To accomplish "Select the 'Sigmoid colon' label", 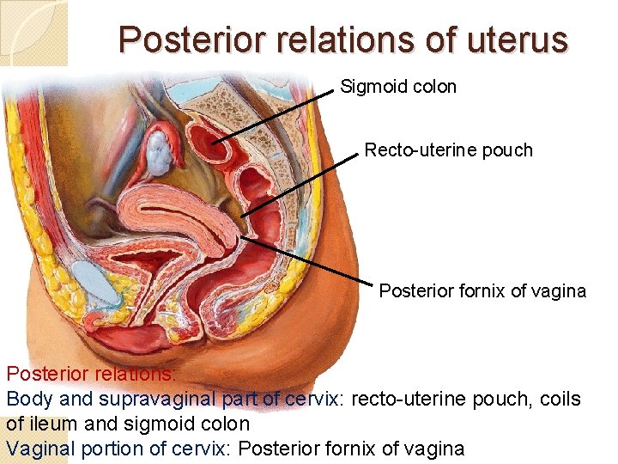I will point(398,87).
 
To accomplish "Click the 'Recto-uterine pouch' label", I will point(448,150).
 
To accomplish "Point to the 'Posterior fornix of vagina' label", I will point(482,291).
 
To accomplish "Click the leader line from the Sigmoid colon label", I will point(275,114).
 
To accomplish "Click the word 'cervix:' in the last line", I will point(203,448).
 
